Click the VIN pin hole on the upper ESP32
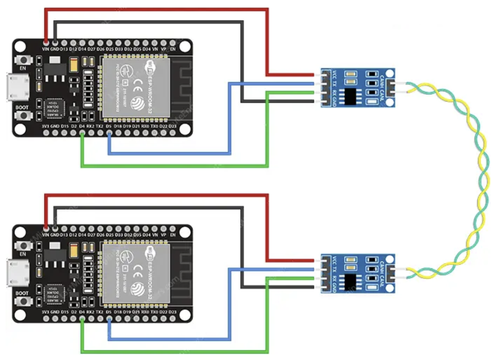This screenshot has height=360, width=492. (x=45, y=42)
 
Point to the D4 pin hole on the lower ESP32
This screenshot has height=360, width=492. (x=82, y=320)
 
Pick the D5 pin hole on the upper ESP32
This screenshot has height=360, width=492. (x=109, y=134)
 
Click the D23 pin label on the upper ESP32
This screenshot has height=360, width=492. (x=172, y=127)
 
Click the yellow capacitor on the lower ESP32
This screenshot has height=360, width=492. (x=73, y=251)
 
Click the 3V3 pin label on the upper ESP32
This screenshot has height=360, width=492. (x=45, y=127)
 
